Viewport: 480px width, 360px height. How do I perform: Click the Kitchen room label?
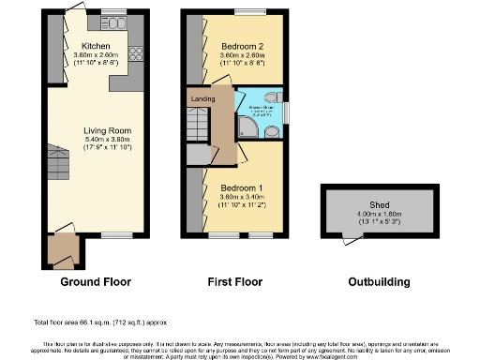[x=97, y=45]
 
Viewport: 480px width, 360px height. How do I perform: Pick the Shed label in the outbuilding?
[x=379, y=204]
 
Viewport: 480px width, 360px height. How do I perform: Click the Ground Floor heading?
[x=97, y=281]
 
